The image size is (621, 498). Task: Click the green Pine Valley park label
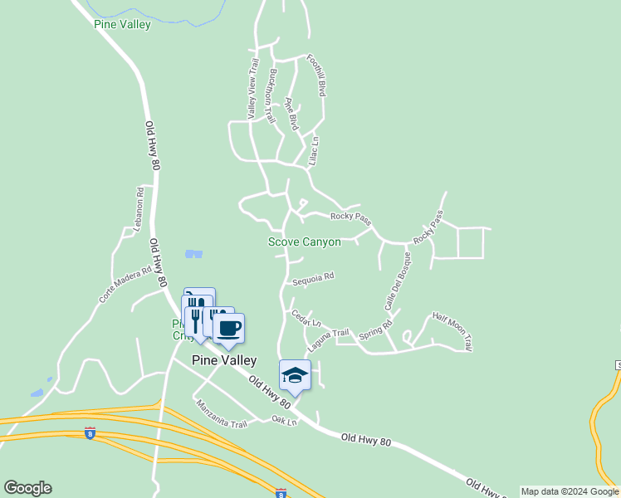(123, 25)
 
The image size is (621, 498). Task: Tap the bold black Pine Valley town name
(223, 360)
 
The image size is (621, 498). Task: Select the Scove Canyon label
(304, 242)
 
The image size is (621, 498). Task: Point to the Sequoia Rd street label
(312, 278)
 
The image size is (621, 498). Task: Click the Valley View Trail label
(252, 87)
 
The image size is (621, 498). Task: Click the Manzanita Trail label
(222, 413)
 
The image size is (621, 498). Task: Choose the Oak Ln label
(284, 420)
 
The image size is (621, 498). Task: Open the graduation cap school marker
(296, 375)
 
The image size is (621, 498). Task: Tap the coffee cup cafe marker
(229, 328)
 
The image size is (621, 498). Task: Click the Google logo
(27, 488)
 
